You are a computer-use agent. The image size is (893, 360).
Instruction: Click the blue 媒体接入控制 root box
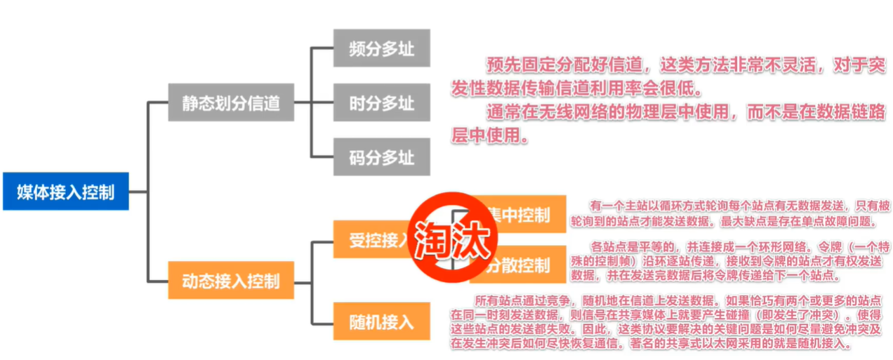[x=65, y=191]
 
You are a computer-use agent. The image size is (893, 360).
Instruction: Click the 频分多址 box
[x=381, y=48]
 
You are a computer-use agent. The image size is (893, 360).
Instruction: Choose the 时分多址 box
[x=381, y=104]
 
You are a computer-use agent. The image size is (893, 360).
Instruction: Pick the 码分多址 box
[x=381, y=157]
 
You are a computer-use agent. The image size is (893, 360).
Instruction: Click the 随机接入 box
[x=381, y=322]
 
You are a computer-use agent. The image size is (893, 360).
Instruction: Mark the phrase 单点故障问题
[x=840, y=221]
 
